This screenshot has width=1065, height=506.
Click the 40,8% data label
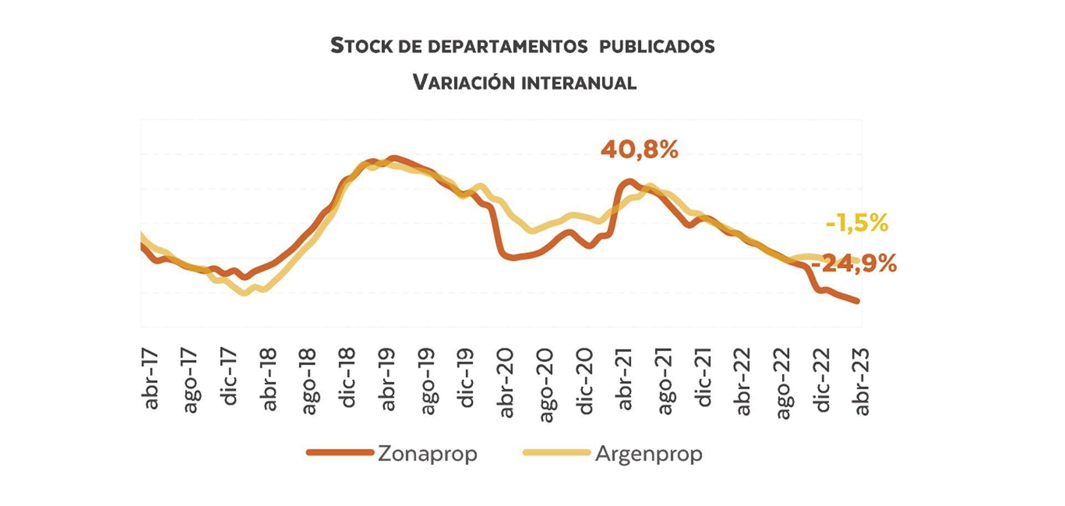639,150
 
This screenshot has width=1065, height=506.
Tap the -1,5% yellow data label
857,224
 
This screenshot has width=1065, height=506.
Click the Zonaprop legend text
427,454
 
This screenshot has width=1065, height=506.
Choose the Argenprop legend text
648,454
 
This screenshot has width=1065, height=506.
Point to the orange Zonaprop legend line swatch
339,453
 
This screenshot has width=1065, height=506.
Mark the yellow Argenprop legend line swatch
556,453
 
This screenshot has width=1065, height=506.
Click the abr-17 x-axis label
151,379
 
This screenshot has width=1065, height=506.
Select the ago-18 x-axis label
308,381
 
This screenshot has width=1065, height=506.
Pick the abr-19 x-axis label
388,379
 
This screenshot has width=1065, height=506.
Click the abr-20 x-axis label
506,383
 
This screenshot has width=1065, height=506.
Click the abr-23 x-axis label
861,382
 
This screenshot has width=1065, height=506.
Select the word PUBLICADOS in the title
656,46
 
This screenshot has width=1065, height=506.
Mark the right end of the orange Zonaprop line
858,301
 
